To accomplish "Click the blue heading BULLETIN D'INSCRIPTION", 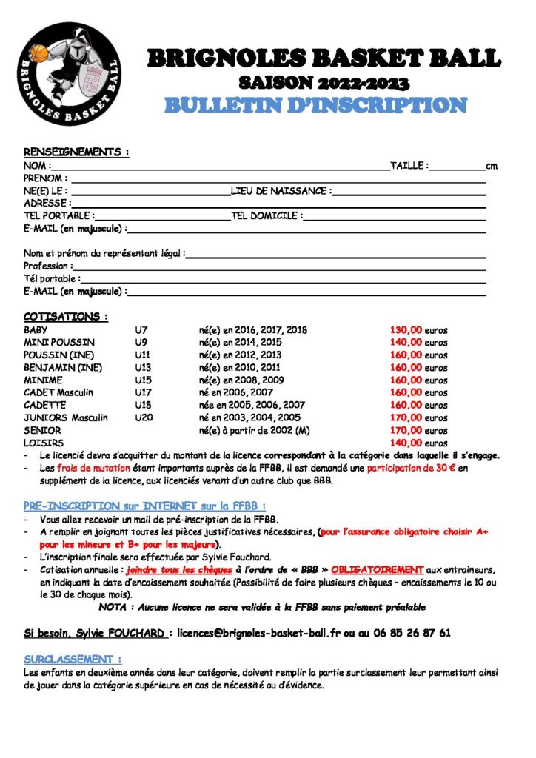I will click(315, 106).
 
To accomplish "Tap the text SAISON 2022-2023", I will click(324, 82).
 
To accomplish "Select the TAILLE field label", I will click(409, 166).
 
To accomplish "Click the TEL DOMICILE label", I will click(266, 215).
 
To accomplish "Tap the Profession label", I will click(48, 266).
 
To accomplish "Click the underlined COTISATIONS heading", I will click(65, 317).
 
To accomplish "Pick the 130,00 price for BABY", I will click(406, 330).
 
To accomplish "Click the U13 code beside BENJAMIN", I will click(143, 368).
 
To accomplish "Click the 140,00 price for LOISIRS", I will click(406, 443).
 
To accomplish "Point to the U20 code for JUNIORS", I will click(143, 417).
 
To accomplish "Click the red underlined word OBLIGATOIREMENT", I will click(377, 570).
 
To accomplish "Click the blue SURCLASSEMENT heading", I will click(73, 659).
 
